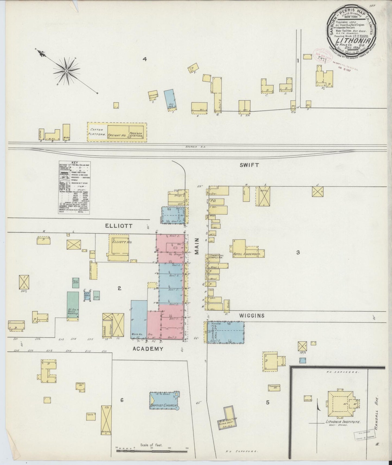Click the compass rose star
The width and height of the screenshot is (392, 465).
coord(66,71)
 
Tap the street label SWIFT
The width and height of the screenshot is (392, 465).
coord(249,165)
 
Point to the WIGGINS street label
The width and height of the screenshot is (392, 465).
coord(252,316)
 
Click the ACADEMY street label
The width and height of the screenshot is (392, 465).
coord(148,349)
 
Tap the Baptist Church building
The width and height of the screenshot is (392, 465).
coord(164,400)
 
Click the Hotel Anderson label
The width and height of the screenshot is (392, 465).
coord(247,254)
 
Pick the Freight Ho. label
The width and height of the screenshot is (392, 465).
coord(117,135)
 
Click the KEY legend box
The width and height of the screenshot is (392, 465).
coord(74,187)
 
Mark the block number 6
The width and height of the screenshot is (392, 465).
coord(122,400)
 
